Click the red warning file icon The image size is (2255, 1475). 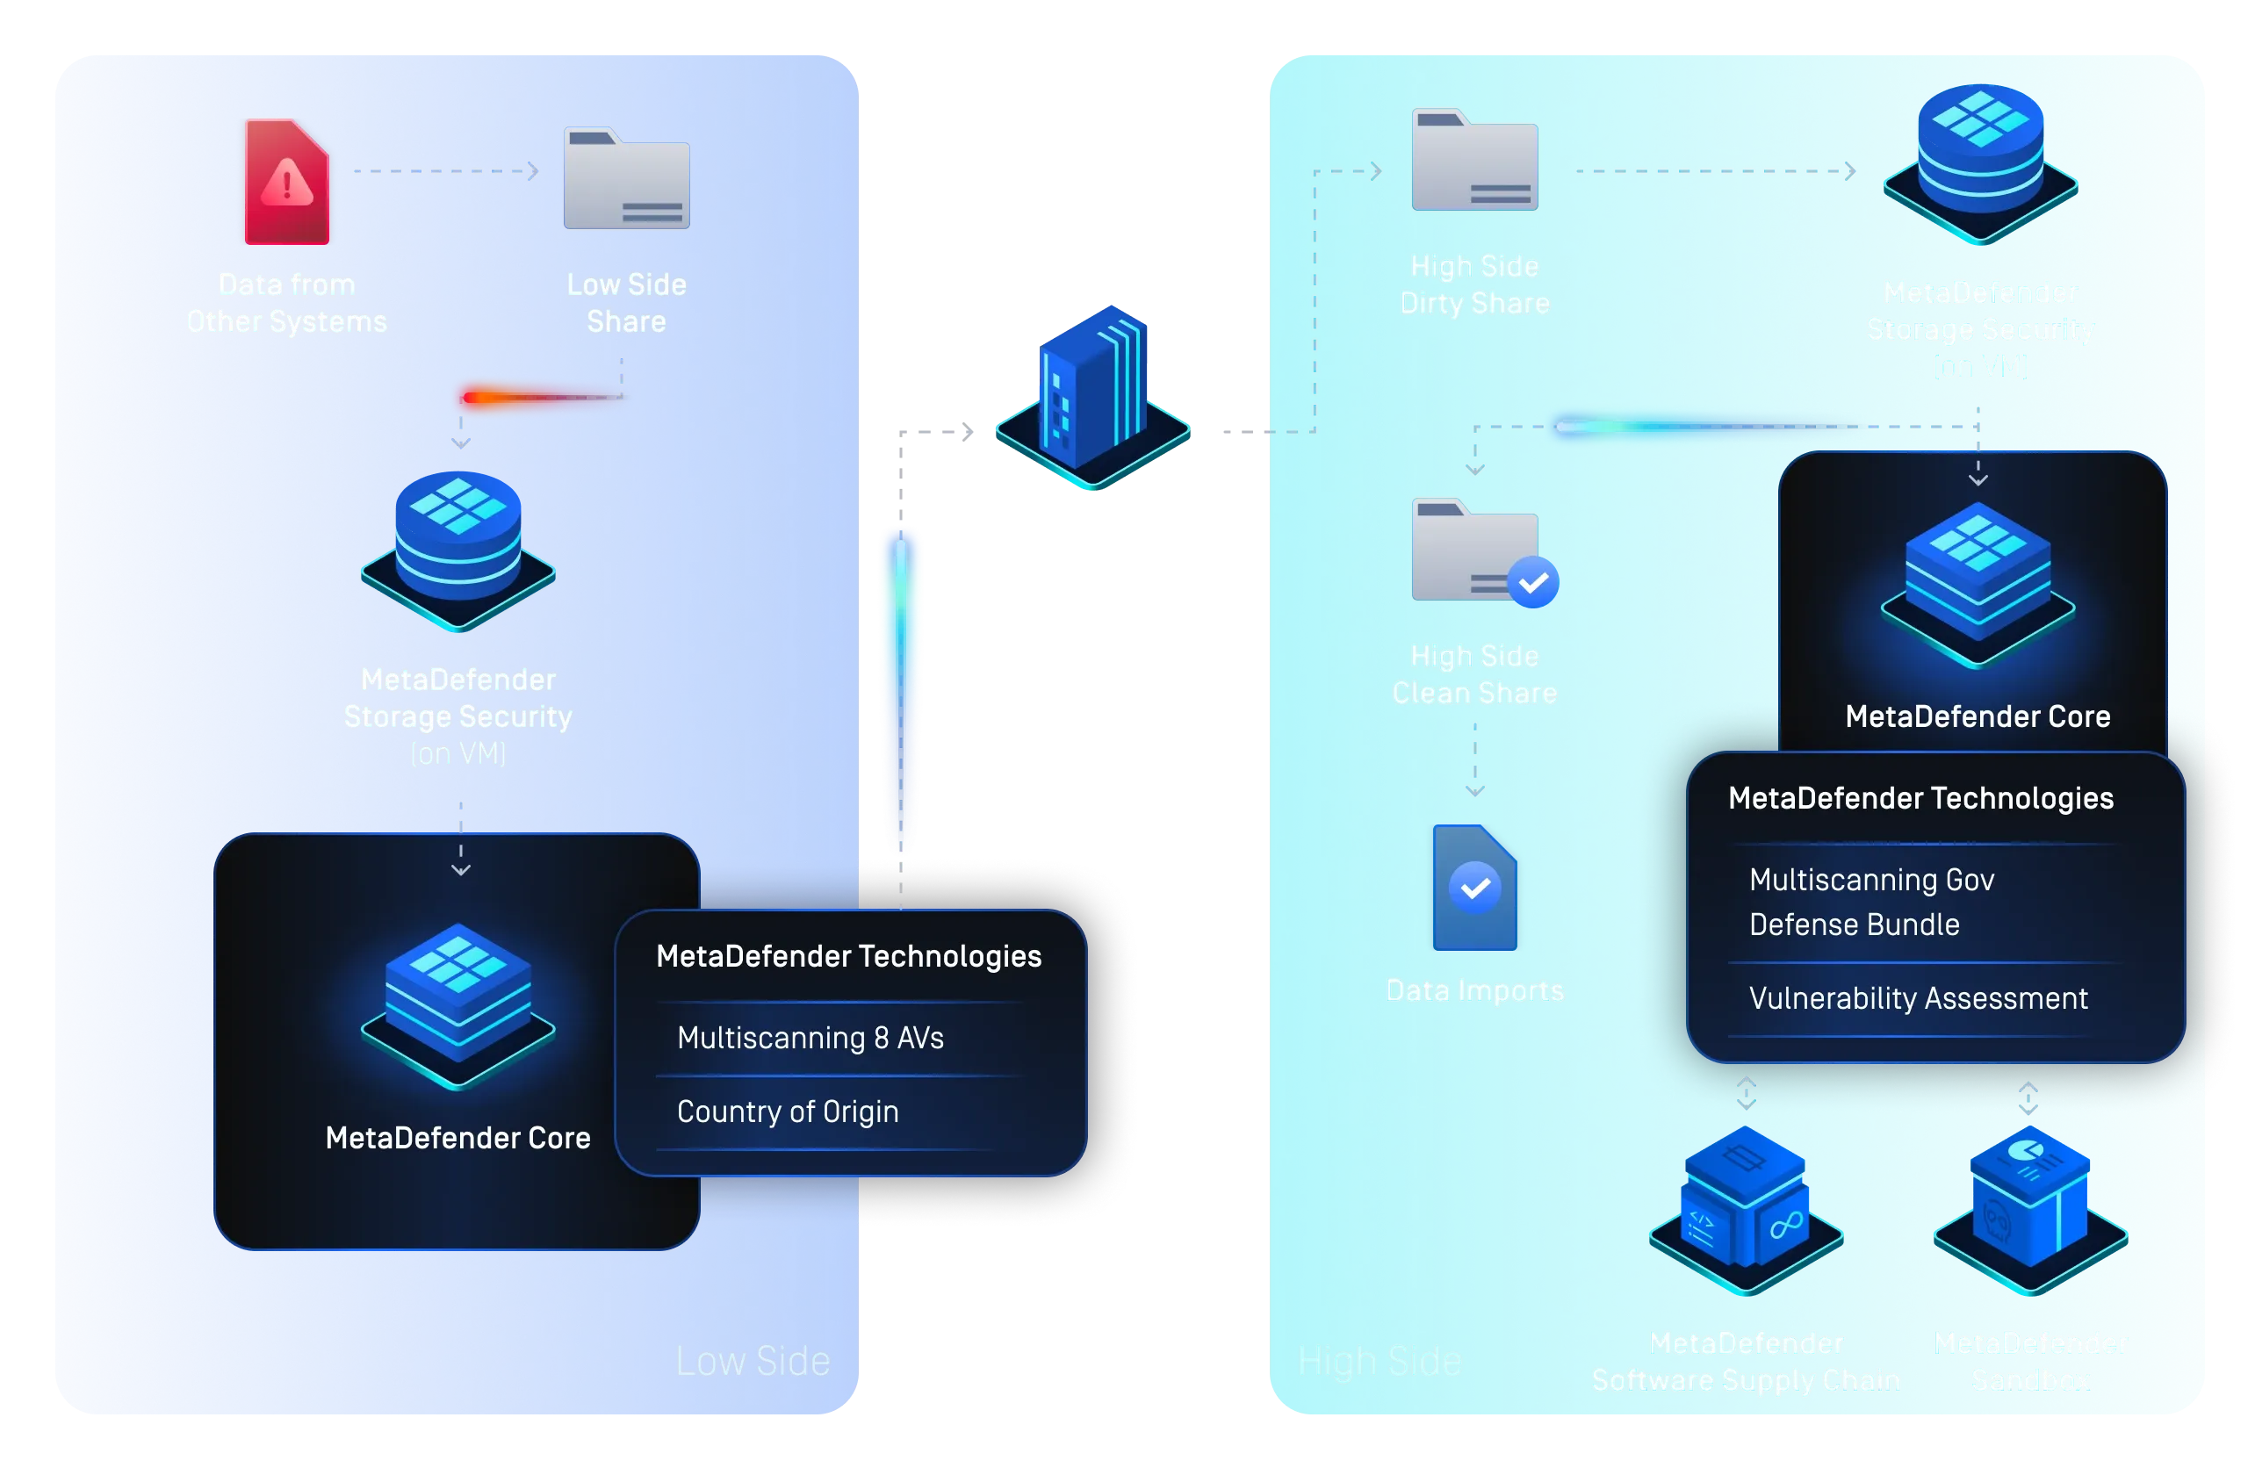click(x=287, y=181)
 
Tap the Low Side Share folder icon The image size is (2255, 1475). click(x=626, y=179)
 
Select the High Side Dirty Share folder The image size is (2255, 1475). click(x=1474, y=161)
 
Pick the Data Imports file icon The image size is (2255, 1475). click(x=1474, y=888)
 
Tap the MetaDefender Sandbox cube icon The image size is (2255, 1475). click(x=2030, y=1207)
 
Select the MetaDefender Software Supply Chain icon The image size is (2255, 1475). click(x=1746, y=1208)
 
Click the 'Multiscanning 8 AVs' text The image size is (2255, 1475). click(x=811, y=1039)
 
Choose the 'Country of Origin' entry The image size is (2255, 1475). click(x=788, y=1112)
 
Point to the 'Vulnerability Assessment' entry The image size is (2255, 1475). click(x=1918, y=998)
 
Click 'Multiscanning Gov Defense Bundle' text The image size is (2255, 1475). click(x=1871, y=902)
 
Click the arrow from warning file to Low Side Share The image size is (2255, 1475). click(x=445, y=171)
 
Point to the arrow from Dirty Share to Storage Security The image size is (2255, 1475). click(x=1715, y=171)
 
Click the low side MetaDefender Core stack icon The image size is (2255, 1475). click(x=457, y=1004)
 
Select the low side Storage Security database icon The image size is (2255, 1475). click(x=457, y=550)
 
